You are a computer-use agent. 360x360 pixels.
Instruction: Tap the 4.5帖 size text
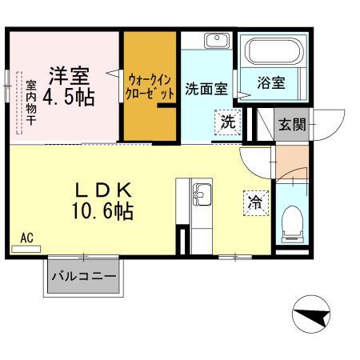click(x=69, y=98)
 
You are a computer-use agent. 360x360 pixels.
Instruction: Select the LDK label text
click(x=104, y=190)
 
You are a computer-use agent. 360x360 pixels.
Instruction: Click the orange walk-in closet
click(x=149, y=88)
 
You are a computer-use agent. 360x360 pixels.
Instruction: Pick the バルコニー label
click(x=84, y=278)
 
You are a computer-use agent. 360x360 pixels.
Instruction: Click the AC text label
click(x=26, y=238)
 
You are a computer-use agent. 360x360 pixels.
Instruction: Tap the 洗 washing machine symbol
click(x=228, y=122)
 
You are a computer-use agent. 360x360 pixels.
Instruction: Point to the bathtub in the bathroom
click(x=271, y=53)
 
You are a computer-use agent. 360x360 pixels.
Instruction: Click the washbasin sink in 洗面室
click(x=214, y=42)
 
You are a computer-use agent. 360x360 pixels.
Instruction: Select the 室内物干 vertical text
click(x=30, y=103)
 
